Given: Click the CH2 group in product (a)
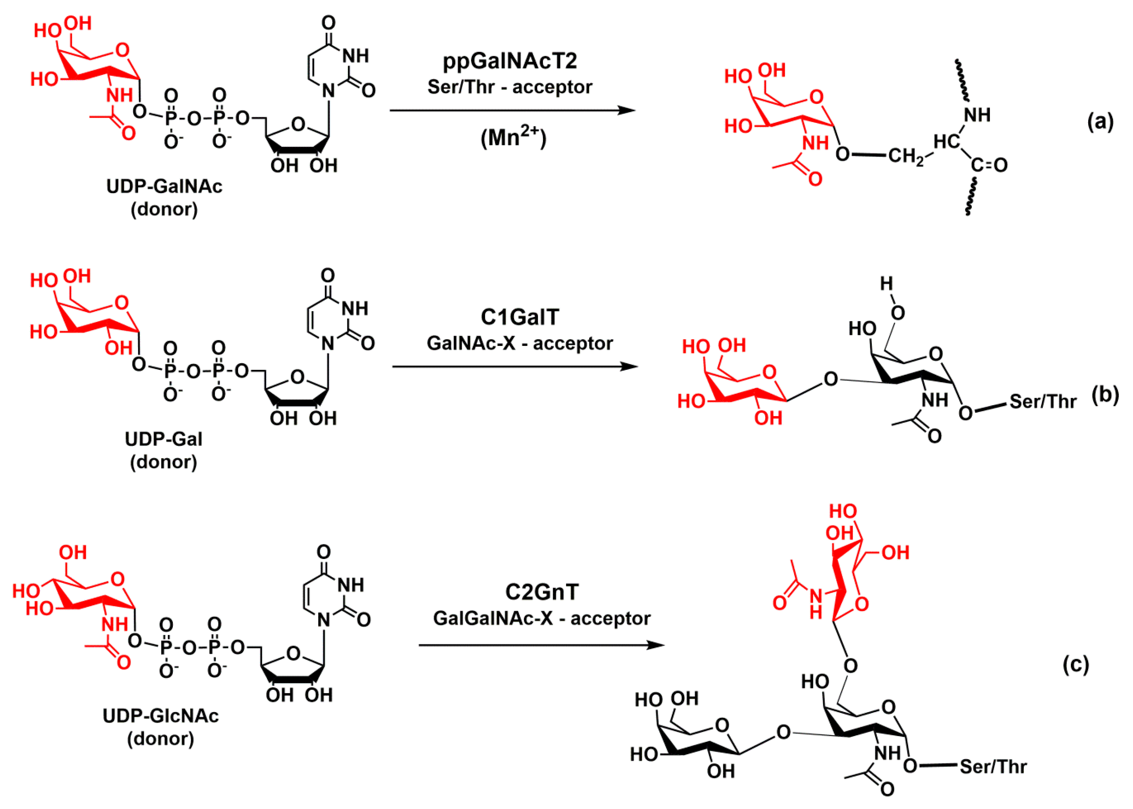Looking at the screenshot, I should (905, 156).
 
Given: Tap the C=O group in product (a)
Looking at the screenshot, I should (989, 165).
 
